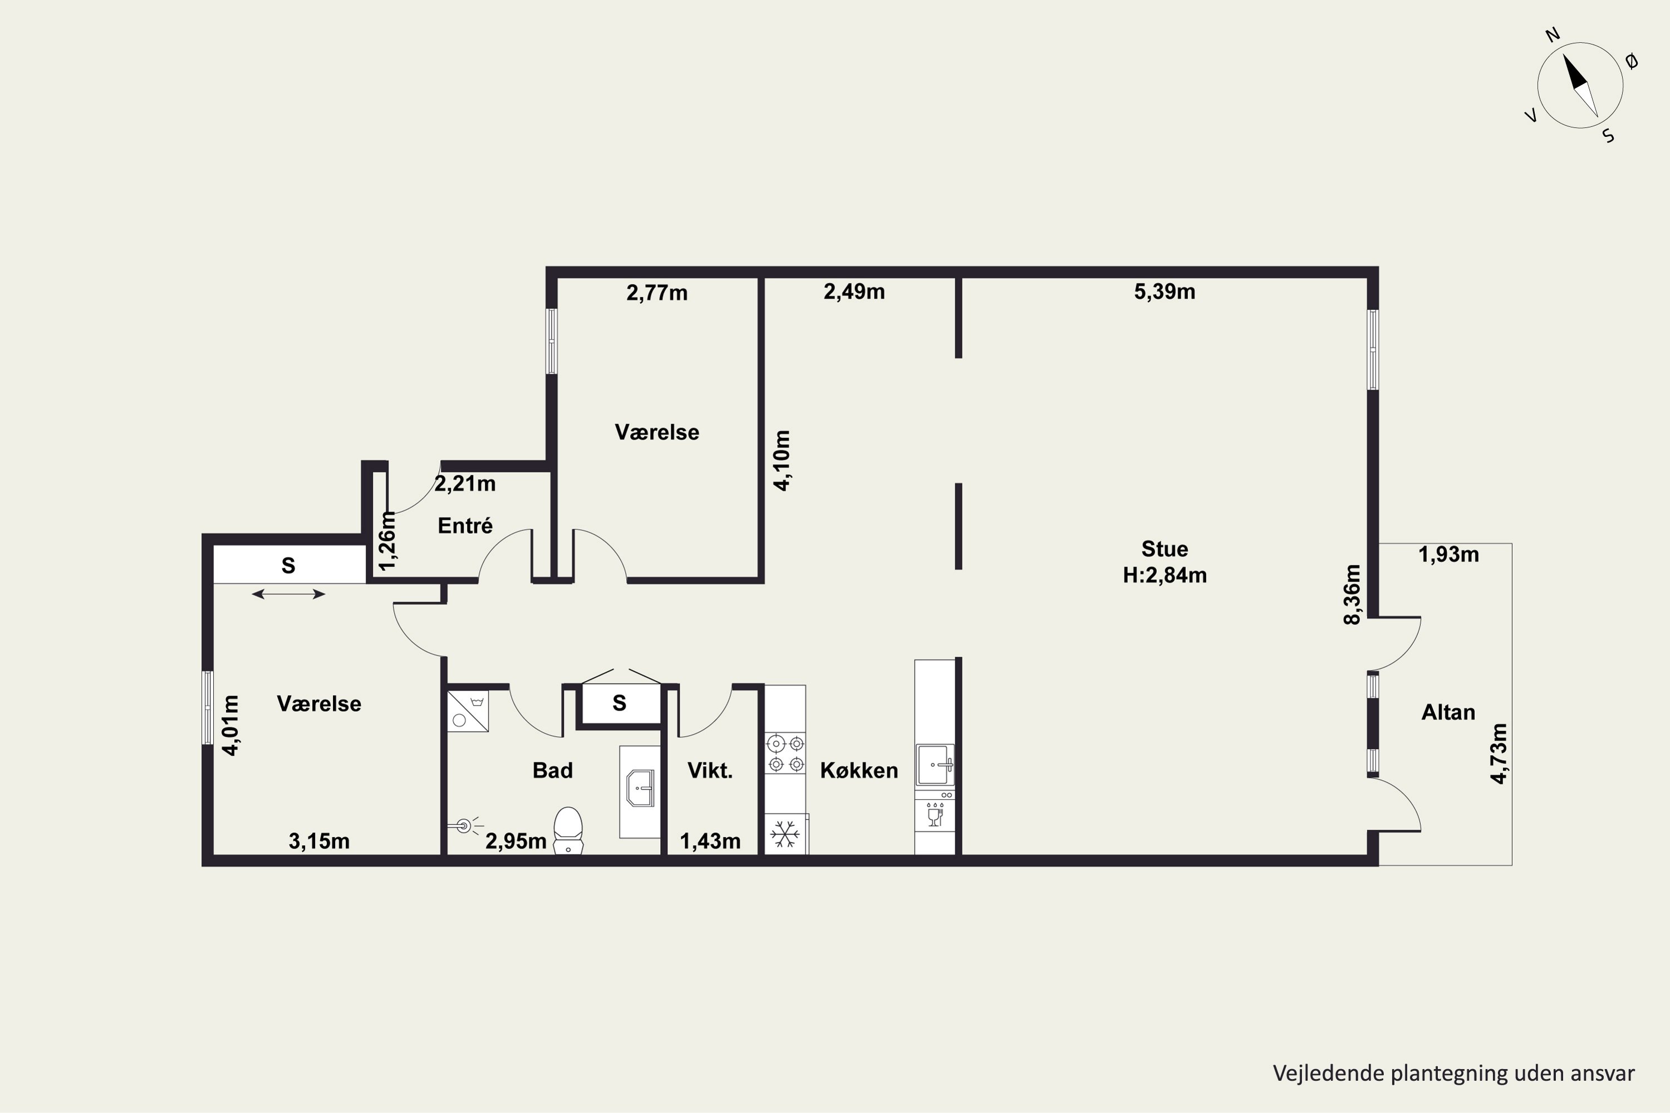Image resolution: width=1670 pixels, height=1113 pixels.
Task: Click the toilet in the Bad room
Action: pyautogui.click(x=568, y=830)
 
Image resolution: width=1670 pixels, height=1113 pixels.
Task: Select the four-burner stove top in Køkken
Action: pyautogui.click(x=785, y=754)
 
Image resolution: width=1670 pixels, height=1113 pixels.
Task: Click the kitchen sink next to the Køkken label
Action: pyautogui.click(x=935, y=765)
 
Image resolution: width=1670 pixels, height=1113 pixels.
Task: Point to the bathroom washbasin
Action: pyautogui.click(x=641, y=788)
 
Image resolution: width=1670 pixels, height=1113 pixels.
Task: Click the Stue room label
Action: pyautogui.click(x=1165, y=549)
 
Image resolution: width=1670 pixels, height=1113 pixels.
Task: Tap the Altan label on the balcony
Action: pyautogui.click(x=1448, y=712)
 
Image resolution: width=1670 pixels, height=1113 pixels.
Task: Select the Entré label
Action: pyautogui.click(x=465, y=525)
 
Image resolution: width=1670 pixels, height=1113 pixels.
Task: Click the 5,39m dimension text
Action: pyautogui.click(x=1165, y=292)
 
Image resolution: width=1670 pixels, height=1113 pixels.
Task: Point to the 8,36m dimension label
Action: pyautogui.click(x=1352, y=594)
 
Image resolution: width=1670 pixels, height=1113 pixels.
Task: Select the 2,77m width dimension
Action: pyautogui.click(x=657, y=293)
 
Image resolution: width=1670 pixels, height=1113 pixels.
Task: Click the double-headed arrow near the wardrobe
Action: pyautogui.click(x=288, y=594)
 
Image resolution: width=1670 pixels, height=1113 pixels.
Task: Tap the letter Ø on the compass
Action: pyautogui.click(x=1632, y=62)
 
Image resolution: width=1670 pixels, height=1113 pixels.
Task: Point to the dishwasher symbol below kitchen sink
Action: pyautogui.click(x=935, y=815)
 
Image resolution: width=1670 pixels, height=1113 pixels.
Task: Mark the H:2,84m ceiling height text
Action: pyautogui.click(x=1165, y=575)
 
